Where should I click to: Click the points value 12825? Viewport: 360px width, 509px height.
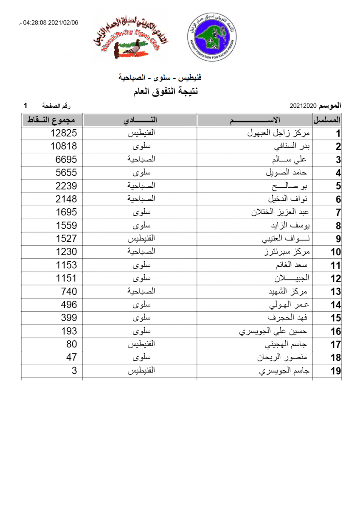[x=64, y=133]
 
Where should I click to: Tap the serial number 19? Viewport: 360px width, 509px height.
[x=336, y=371]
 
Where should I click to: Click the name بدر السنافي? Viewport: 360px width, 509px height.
[x=292, y=147]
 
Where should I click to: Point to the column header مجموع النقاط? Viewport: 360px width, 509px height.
[x=52, y=120]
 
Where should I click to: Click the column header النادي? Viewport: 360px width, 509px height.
[x=141, y=120]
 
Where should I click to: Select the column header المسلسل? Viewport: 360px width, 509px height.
[x=327, y=120]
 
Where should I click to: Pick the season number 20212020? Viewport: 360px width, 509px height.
[x=304, y=105]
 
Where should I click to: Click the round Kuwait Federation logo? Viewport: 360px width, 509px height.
[x=212, y=36]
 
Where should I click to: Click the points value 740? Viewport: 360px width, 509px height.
[x=69, y=291]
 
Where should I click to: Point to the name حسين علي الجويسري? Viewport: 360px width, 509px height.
[x=273, y=331]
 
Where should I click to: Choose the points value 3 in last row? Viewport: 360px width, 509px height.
[x=74, y=370]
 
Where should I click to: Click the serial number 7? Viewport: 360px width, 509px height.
[x=338, y=213]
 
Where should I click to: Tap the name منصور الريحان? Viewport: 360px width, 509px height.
[x=284, y=358]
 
